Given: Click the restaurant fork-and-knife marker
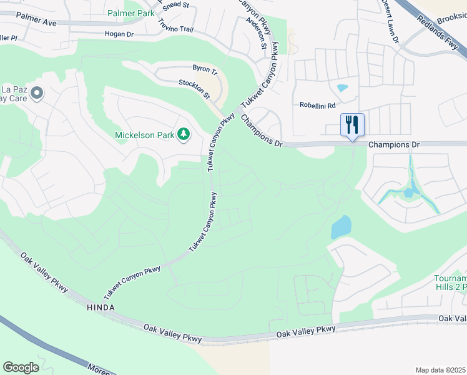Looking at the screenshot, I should (x=352, y=124).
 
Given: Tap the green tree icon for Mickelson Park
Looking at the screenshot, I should (x=184, y=134).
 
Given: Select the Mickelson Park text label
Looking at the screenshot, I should (x=144, y=135).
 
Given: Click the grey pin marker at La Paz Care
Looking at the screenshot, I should (x=36, y=94).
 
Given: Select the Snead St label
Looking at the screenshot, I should (x=177, y=5).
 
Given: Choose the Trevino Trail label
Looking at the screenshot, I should (x=177, y=27).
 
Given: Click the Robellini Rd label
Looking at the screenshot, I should (x=317, y=105).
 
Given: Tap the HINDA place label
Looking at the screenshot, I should (x=100, y=308).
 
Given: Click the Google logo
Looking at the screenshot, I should (x=21, y=367).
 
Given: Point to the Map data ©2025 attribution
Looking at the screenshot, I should (x=440, y=370).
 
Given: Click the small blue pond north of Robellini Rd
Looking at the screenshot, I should (x=342, y=88).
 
